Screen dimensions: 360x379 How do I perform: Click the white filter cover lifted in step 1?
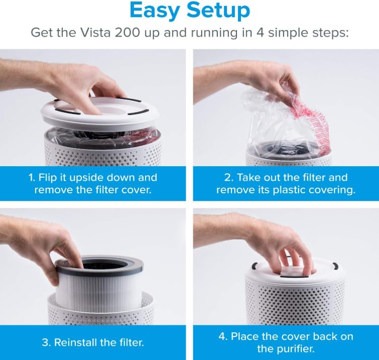100,113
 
